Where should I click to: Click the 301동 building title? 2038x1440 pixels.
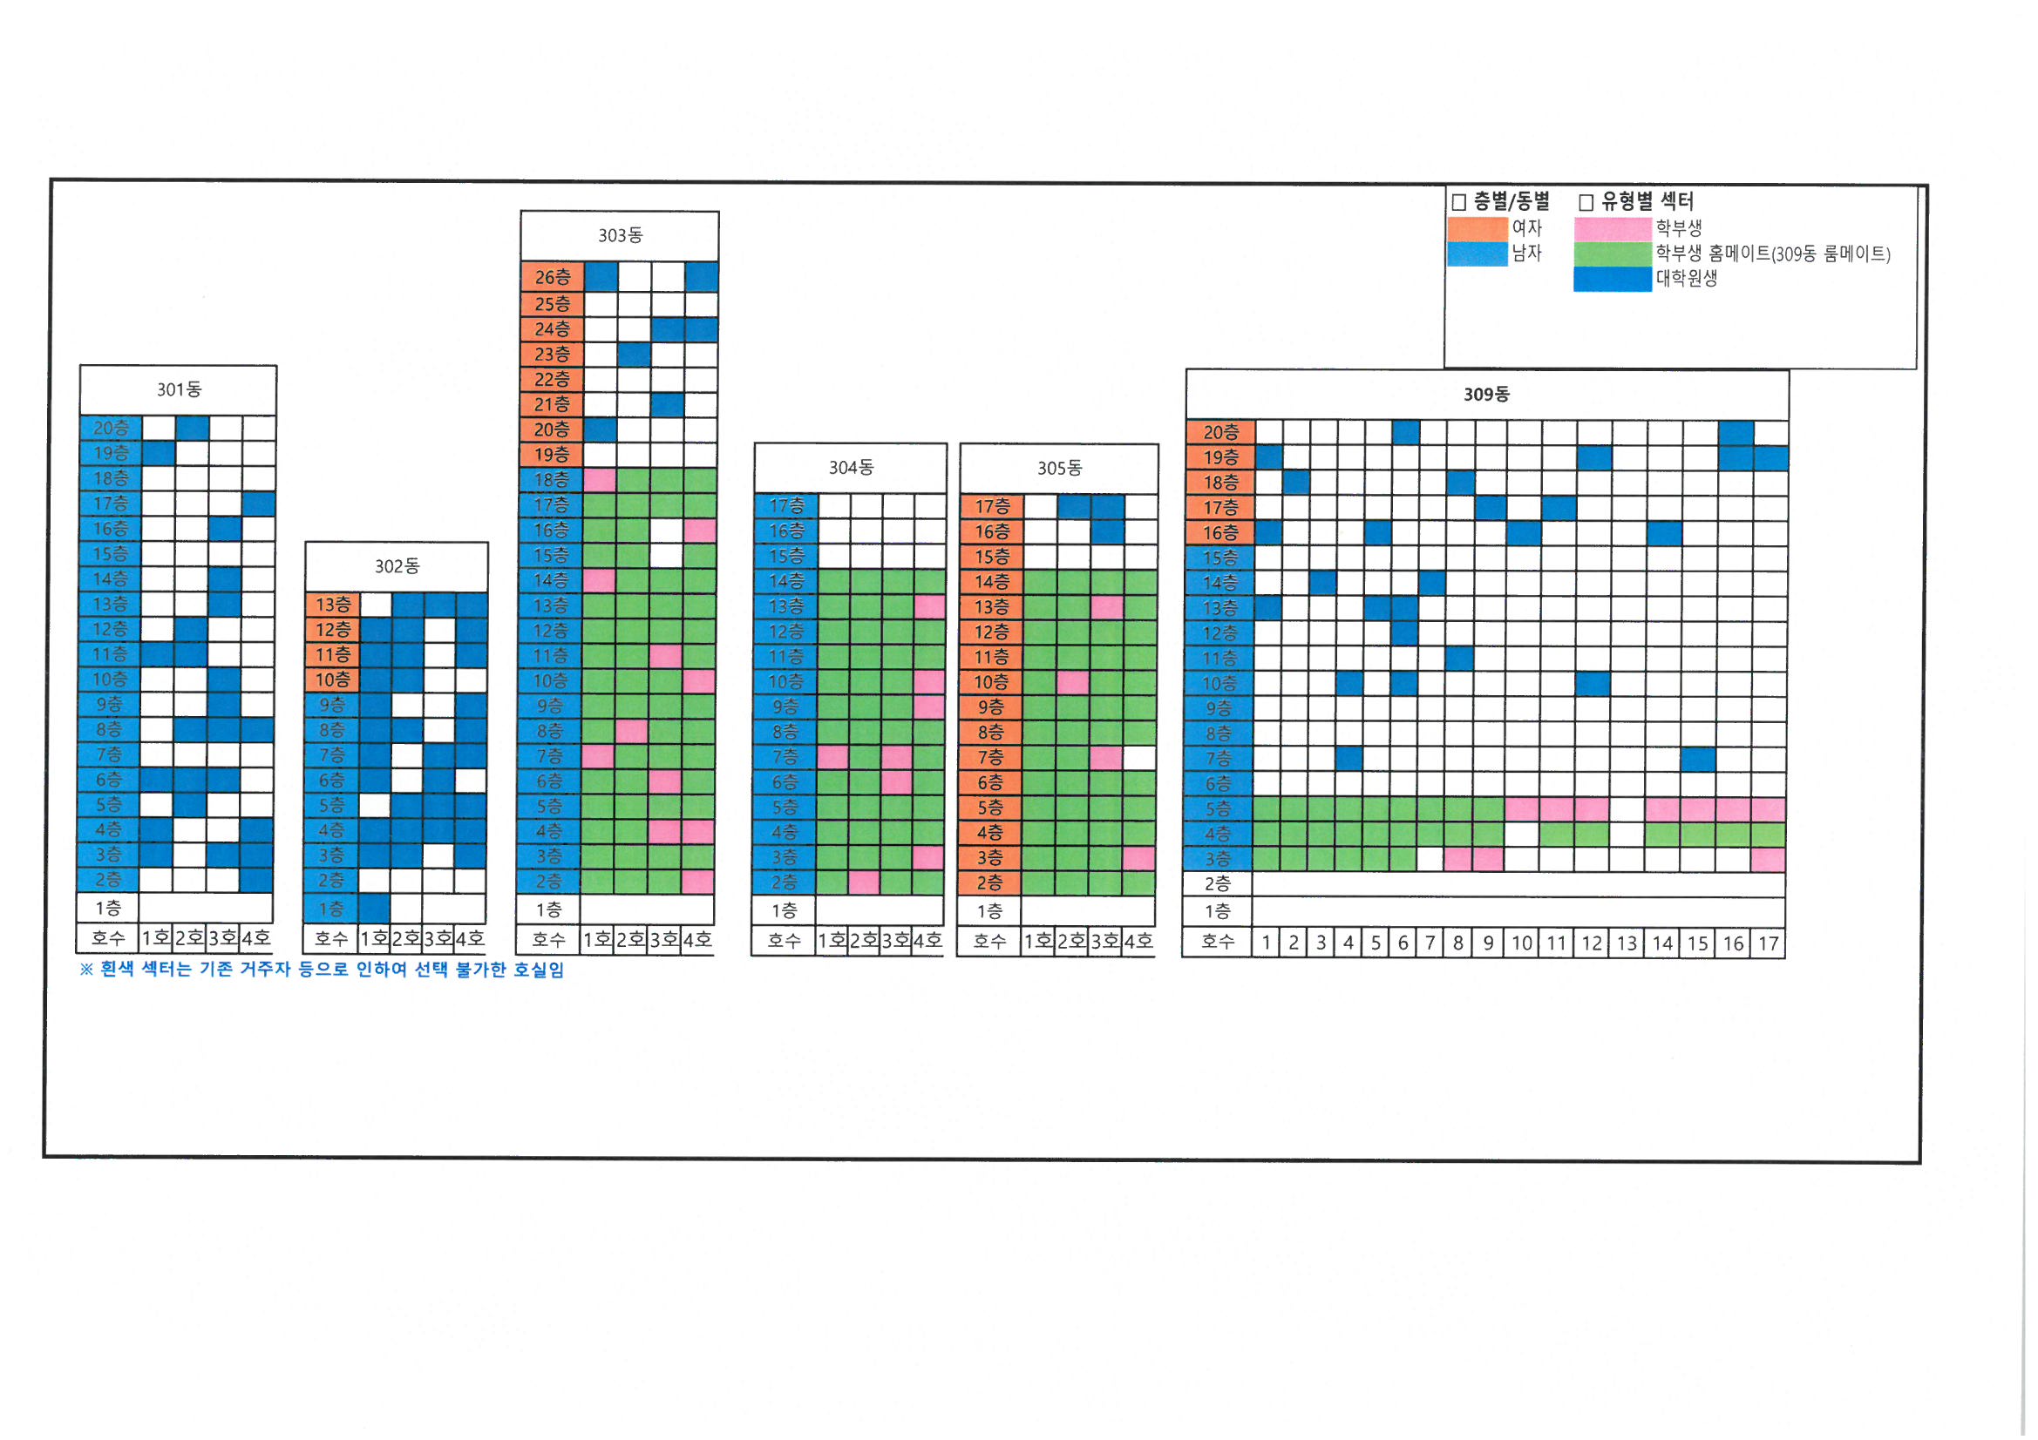pyautogui.click(x=180, y=389)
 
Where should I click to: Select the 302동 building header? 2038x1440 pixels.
pyautogui.click(x=397, y=566)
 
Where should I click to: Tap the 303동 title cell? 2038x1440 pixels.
pyautogui.click(x=620, y=235)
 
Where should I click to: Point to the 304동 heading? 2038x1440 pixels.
pyautogui.click(x=852, y=468)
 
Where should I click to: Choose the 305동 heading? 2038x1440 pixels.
pyautogui.click(x=1060, y=468)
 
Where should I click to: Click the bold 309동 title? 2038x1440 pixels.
pyautogui.click(x=1487, y=394)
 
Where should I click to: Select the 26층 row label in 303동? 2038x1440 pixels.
pyautogui.click(x=552, y=278)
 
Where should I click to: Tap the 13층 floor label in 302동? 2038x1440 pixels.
pyautogui.click(x=333, y=605)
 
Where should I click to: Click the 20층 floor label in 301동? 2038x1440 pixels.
pyautogui.click(x=111, y=428)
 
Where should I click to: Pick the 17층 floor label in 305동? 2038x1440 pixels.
pyautogui.click(x=992, y=507)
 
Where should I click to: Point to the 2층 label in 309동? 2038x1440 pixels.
pyautogui.click(x=1218, y=883)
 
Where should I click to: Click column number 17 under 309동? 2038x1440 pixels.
pyautogui.click(x=1768, y=943)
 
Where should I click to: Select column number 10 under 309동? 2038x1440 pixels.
pyautogui.click(x=1522, y=943)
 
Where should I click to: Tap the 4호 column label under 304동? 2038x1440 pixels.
pyautogui.click(x=927, y=941)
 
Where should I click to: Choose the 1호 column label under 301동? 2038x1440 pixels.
pyautogui.click(x=156, y=938)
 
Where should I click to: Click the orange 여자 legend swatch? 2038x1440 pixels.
pyautogui.click(x=1477, y=229)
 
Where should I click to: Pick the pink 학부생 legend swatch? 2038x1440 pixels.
pyautogui.click(x=1612, y=229)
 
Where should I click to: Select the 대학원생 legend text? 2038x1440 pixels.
pyautogui.click(x=1687, y=279)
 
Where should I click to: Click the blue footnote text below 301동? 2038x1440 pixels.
pyautogui.click(x=323, y=970)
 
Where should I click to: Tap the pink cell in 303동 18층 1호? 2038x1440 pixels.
pyautogui.click(x=600, y=480)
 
